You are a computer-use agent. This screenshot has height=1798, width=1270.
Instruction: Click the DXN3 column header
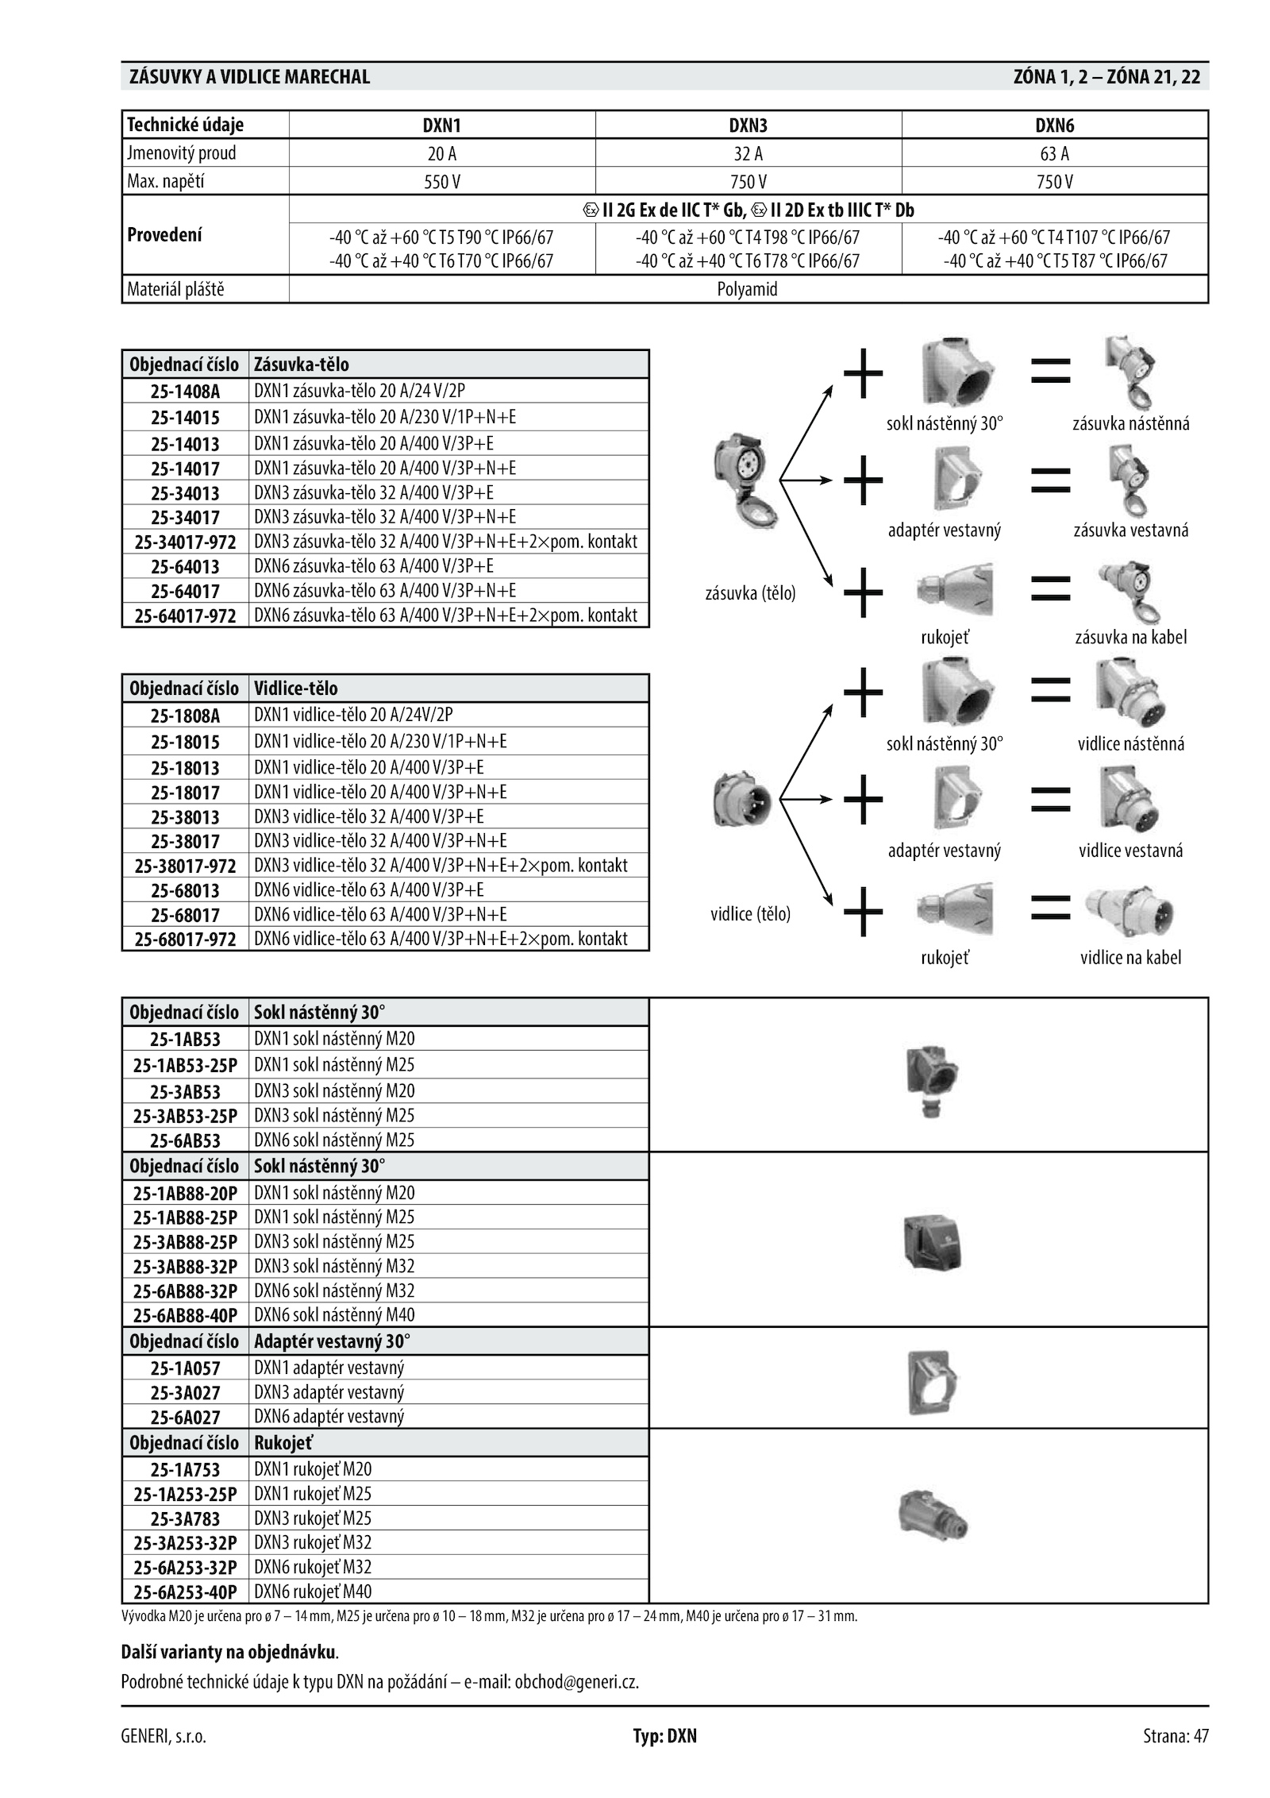pos(748,125)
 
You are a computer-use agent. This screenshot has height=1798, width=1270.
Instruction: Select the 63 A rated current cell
pos(1054,153)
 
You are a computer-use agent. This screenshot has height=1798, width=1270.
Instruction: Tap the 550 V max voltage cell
pos(441,182)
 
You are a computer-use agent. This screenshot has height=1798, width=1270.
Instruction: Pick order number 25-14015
pos(185,418)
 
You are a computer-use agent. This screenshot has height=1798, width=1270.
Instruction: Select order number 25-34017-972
pos(185,542)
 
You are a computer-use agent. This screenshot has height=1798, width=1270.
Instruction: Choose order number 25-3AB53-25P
pos(185,1116)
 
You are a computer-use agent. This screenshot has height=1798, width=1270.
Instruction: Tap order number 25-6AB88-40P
pos(185,1315)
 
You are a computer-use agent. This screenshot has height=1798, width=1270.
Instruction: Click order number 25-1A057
pos(185,1368)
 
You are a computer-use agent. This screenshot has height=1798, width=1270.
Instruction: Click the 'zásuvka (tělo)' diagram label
pos(750,593)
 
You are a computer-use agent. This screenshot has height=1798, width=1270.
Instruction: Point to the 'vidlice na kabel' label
pos(1130,958)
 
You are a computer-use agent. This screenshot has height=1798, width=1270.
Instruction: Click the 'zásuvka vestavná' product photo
pos(1130,480)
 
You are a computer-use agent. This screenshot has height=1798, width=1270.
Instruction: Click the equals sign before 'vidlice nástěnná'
pos(1050,689)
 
